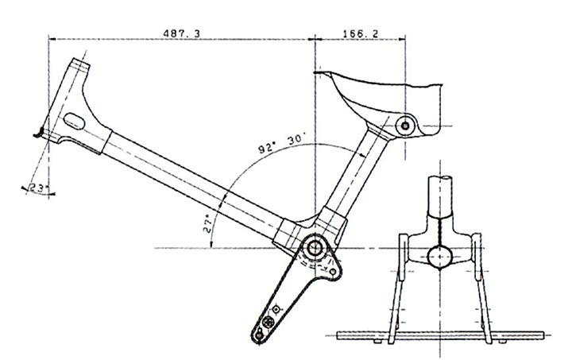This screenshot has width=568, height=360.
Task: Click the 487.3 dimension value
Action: [x=182, y=33]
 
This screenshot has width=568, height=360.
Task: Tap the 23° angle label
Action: [x=37, y=188]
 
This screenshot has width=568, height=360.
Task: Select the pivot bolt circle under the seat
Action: [x=407, y=125]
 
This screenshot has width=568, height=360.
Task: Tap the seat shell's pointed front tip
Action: [x=319, y=74]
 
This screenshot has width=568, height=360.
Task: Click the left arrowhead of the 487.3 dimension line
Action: [x=52, y=37]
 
